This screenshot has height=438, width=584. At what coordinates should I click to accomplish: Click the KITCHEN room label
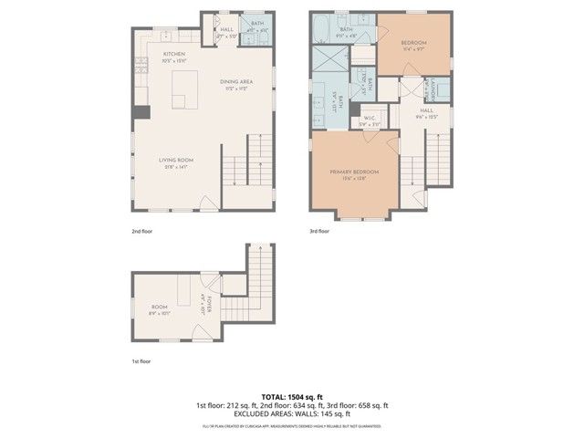[x=174, y=54]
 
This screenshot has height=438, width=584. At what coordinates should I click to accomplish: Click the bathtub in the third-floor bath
[x=324, y=30]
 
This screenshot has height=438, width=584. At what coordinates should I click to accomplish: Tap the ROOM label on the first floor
[x=160, y=308]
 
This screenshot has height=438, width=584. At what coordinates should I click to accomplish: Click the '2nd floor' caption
[x=141, y=232]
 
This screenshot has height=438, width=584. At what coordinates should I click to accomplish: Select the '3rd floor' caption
[x=319, y=232]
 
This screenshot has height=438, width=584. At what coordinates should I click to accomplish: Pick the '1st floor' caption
[x=141, y=361]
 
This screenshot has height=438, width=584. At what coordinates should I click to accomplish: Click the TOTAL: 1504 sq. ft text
[x=292, y=396]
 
